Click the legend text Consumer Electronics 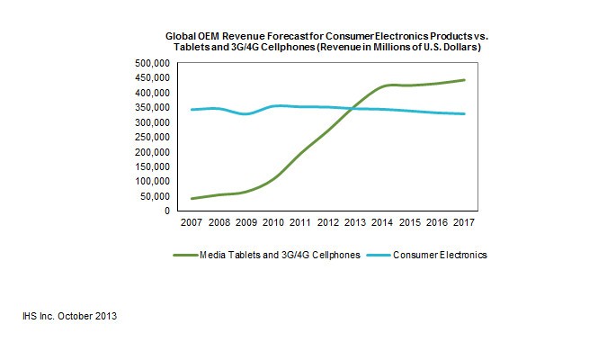pos(440,256)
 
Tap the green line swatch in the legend pos(183,256)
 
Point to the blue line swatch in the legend pos(377,256)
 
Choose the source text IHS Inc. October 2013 pos(70,317)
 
